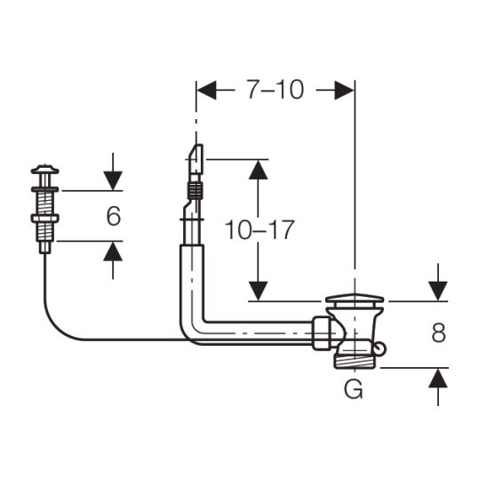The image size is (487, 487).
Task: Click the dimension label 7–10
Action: [275, 90]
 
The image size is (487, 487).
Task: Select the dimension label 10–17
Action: [259, 230]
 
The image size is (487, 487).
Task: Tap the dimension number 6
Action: [114, 216]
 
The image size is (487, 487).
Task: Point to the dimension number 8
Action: [438, 333]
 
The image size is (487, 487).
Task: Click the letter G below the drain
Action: [354, 389]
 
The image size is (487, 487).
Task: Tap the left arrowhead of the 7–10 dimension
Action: [206, 91]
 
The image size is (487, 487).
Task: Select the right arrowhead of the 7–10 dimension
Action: [345, 91]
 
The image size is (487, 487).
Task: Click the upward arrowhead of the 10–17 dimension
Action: [258, 170]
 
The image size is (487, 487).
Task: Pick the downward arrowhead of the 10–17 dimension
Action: [258, 291]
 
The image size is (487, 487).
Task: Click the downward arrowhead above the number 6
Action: [113, 180]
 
